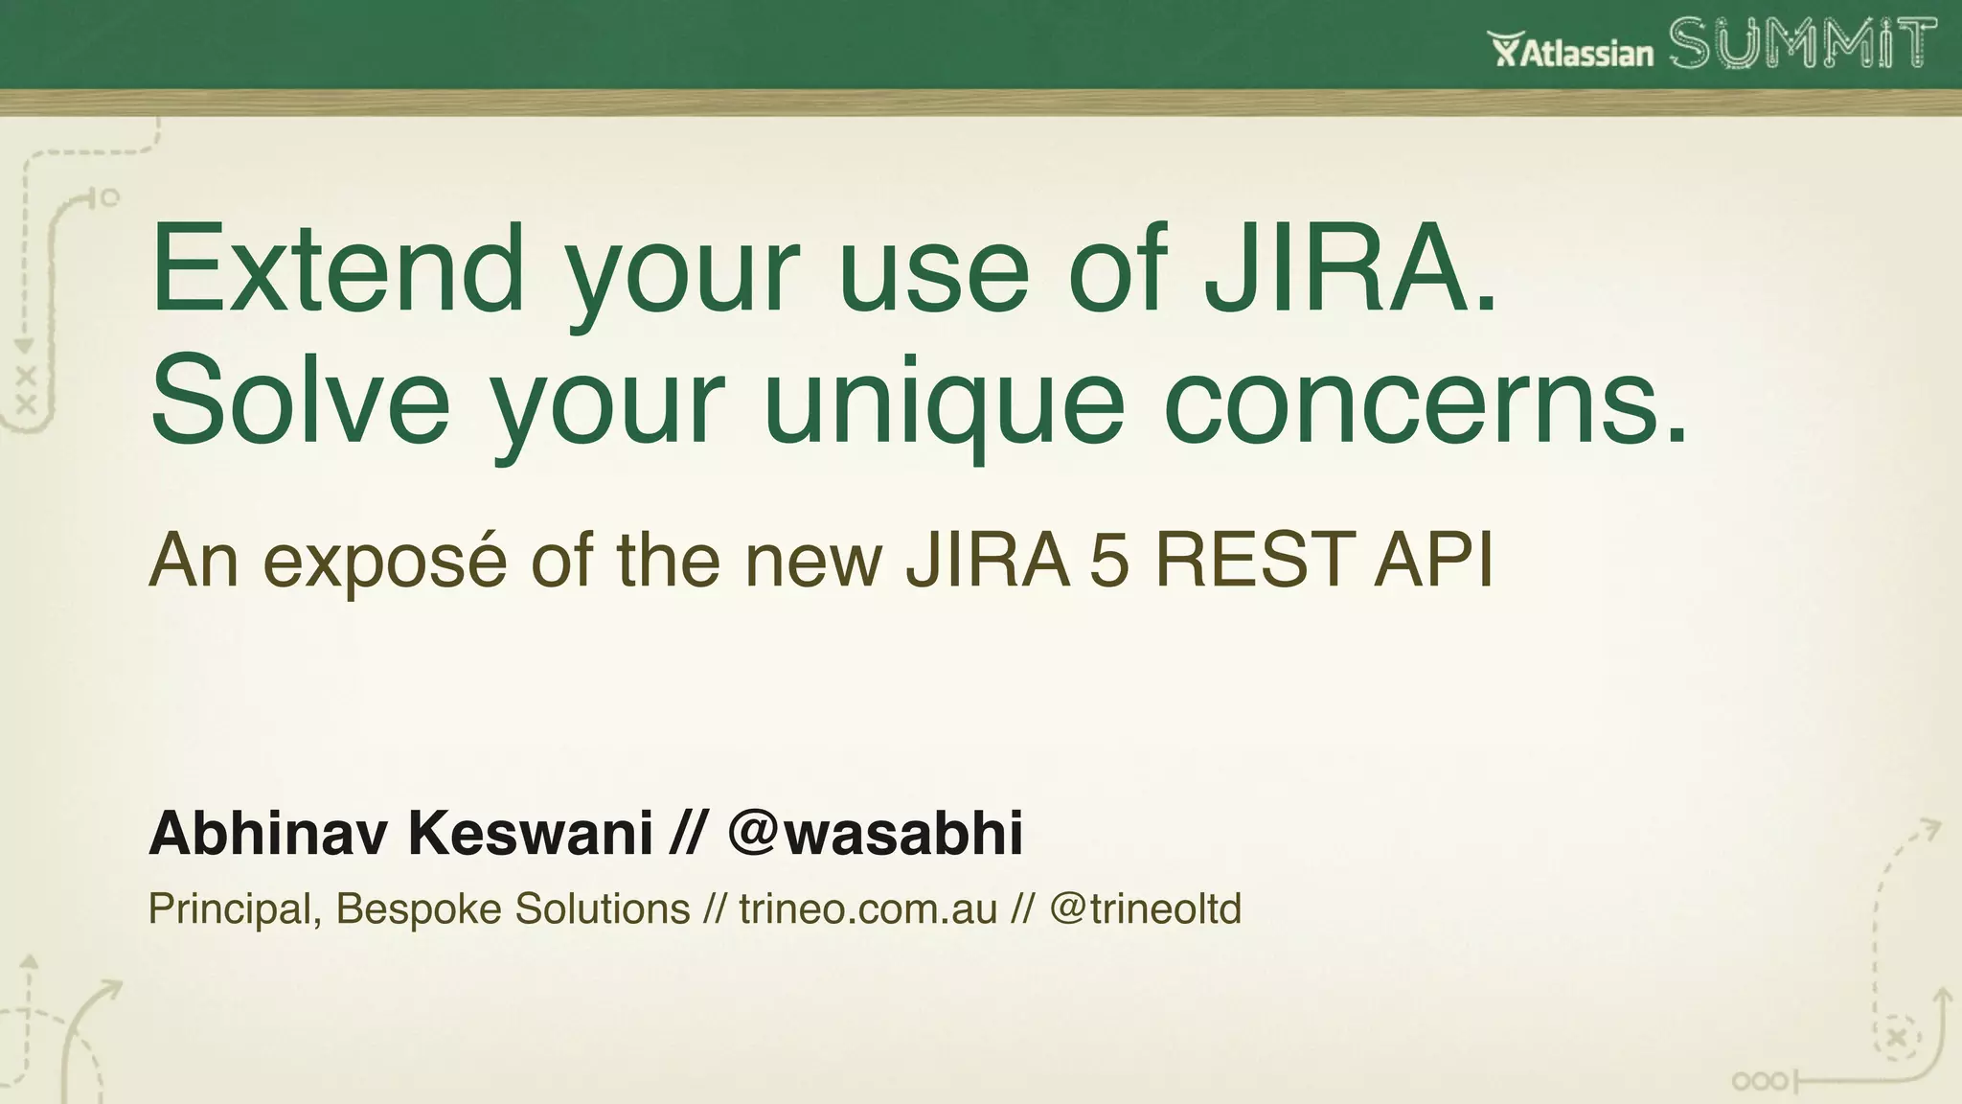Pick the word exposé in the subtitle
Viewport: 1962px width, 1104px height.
pos(384,561)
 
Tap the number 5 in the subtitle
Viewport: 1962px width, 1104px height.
pos(1109,561)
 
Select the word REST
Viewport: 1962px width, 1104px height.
pos(1256,561)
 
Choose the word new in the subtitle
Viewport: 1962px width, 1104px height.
pos(813,561)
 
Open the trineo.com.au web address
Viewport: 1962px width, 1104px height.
pos(868,908)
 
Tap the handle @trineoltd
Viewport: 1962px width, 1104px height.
pos(1145,908)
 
